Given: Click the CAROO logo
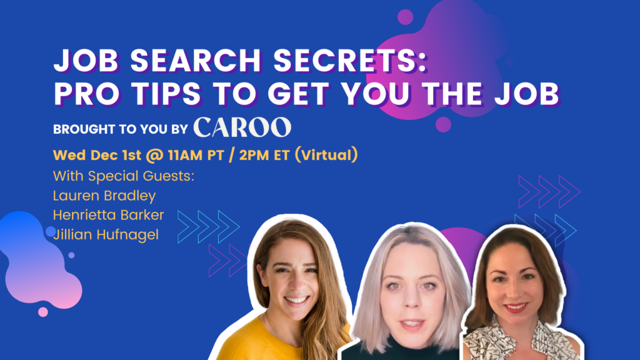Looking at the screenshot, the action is (242, 127).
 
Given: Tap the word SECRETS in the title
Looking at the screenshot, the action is (350, 61).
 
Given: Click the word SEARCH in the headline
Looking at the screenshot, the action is (196, 61).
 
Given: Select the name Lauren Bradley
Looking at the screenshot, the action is (104, 196).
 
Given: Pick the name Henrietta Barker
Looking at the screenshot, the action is (109, 215).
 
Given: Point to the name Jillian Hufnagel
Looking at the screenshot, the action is (106, 235).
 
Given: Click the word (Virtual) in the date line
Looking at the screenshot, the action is (326, 155).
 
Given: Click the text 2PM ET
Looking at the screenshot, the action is (264, 155).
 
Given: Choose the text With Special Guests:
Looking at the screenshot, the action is (124, 176).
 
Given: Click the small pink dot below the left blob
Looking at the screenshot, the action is (43, 312).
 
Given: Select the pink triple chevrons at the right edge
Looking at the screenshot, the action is (549, 192).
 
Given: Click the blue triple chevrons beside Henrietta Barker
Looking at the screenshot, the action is (209, 227).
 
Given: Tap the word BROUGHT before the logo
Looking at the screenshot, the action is (84, 129).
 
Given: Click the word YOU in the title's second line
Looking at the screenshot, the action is (376, 94).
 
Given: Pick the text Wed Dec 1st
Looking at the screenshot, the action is (97, 155).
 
